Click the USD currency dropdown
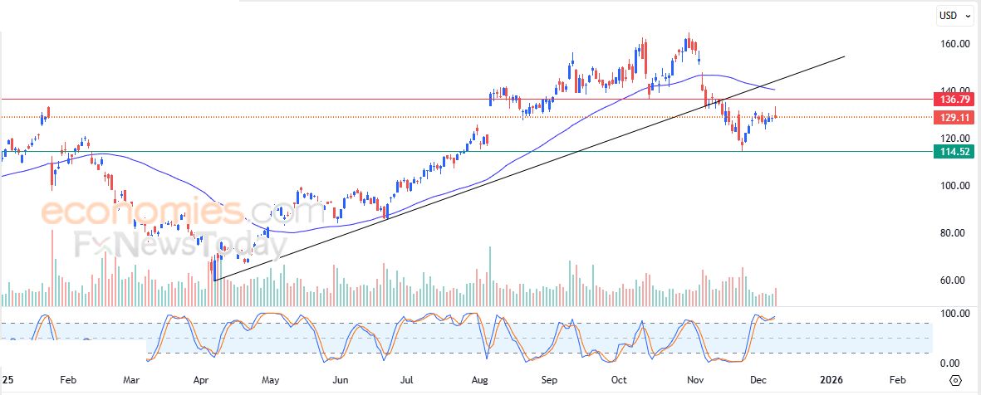[x=950, y=15]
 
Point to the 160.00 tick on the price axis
[x=954, y=44]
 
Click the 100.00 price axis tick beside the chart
[x=954, y=186]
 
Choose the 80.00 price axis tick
[x=954, y=233]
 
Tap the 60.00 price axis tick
[x=954, y=280]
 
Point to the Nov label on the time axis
[x=694, y=379]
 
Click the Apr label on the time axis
[x=200, y=379]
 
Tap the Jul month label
[x=407, y=379]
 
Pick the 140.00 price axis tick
[x=954, y=90]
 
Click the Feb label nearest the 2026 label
[x=897, y=379]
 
